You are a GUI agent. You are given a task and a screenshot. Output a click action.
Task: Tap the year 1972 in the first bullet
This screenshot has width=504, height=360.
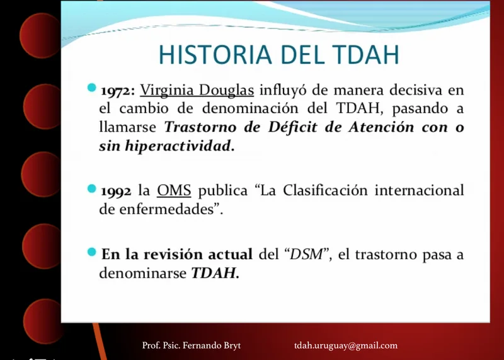point(116,91)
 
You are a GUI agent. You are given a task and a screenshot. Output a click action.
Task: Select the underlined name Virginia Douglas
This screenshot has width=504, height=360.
point(197,90)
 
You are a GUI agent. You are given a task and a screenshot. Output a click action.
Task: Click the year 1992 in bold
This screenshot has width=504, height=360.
point(116,191)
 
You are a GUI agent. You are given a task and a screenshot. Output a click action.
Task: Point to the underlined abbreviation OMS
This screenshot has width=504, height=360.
point(174,190)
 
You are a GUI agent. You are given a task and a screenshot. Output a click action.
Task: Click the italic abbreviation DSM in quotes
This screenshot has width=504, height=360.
point(306,255)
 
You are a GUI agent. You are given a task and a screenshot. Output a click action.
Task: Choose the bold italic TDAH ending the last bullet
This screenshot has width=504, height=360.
point(215,274)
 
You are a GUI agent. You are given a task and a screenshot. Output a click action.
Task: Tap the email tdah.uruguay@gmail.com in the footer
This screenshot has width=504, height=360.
point(346,346)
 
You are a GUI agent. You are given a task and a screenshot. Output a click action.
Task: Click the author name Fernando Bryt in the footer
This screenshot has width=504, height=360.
point(212,345)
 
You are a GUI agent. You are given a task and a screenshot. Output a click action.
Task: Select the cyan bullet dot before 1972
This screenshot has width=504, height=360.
point(91,88)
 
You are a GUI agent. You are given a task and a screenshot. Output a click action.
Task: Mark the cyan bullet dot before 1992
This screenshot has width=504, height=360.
point(91,189)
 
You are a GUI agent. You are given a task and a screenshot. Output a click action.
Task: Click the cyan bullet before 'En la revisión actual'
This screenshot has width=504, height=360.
point(91,252)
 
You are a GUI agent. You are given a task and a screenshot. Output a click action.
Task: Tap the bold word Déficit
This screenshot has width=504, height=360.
point(292,127)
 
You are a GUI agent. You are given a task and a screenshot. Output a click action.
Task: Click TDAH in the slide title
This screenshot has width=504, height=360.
point(365,54)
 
